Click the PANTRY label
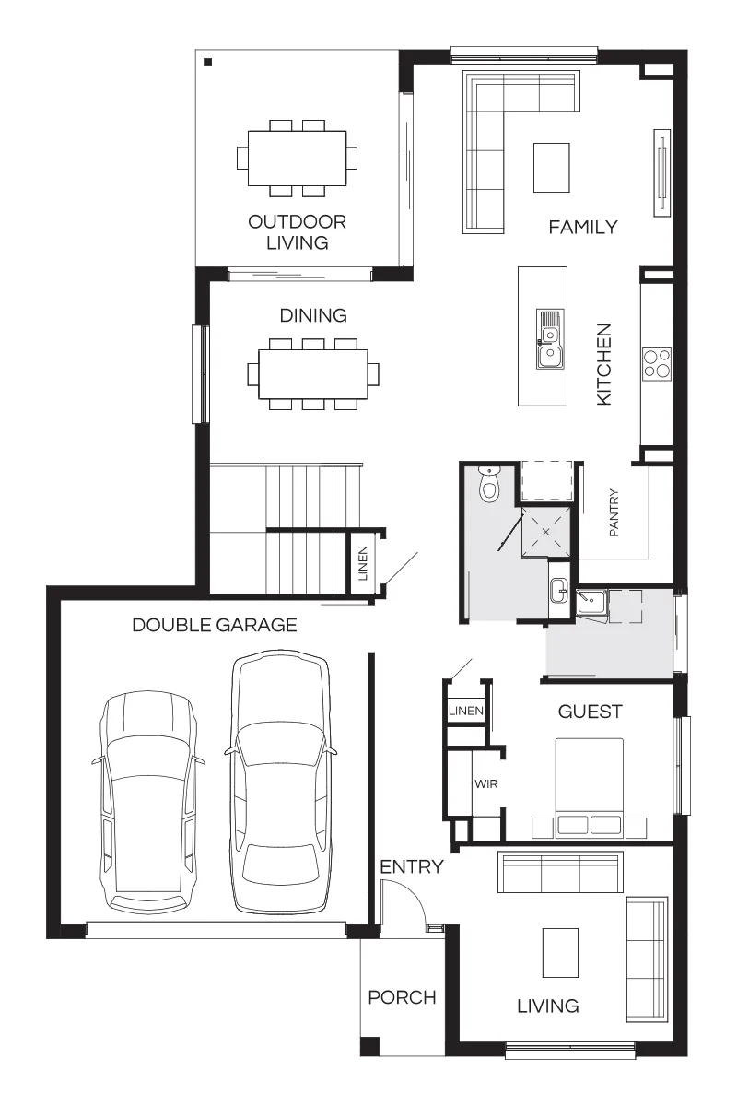614,512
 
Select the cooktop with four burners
657,363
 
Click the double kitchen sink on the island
550,340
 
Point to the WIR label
485,783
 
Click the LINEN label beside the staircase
363,563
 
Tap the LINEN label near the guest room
466,711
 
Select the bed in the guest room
589,788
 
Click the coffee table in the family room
552,168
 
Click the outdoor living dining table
297,158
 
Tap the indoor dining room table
313,374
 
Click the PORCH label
402,997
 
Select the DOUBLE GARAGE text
215,625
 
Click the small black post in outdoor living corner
208,63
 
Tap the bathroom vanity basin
559,590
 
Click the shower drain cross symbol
545,532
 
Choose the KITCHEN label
604,364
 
